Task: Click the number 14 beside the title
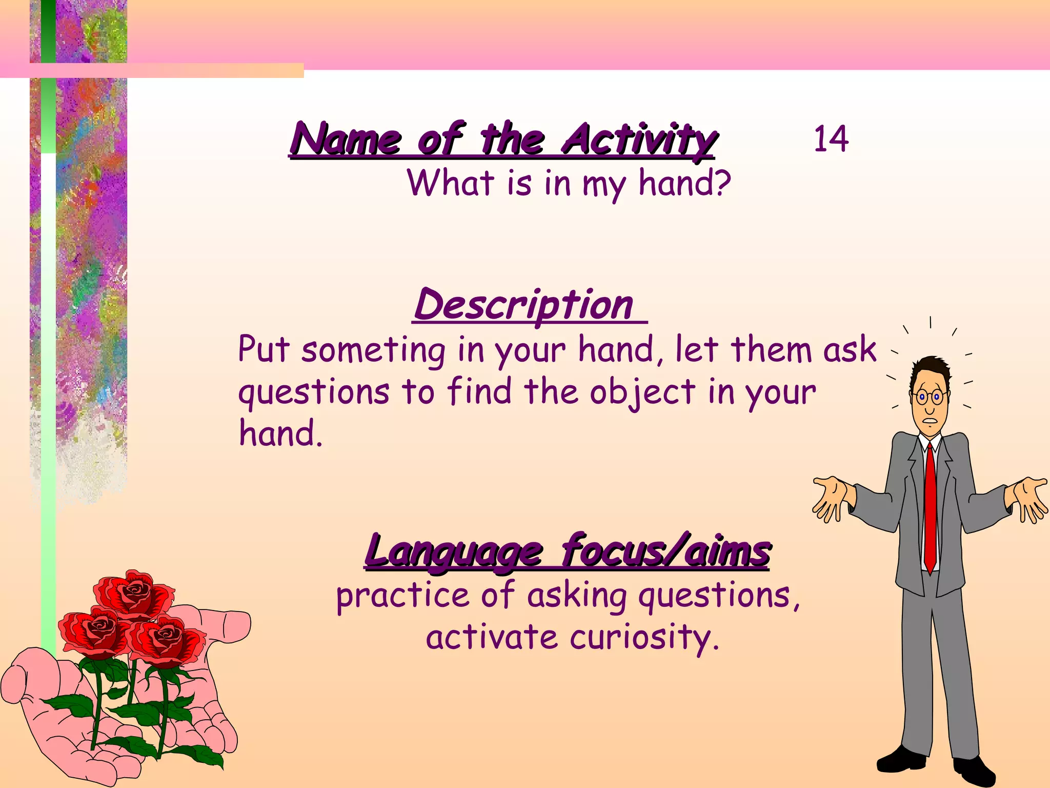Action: click(831, 139)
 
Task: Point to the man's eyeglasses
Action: click(930, 397)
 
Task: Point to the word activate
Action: click(492, 638)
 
